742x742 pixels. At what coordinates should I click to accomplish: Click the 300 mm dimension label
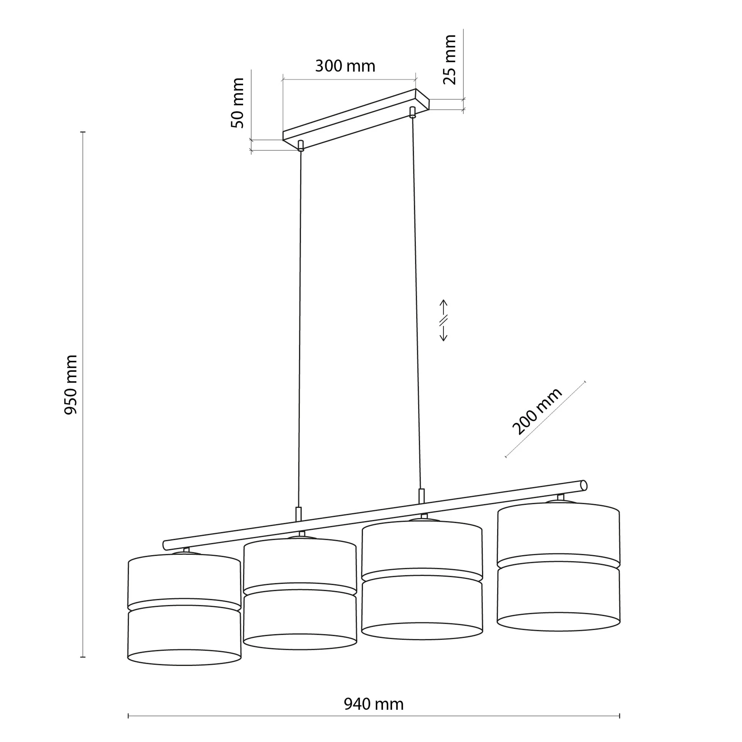pos(345,66)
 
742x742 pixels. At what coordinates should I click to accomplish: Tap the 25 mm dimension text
pos(449,59)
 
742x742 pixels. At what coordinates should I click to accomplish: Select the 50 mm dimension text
pos(238,103)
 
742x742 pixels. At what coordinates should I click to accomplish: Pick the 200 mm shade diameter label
pos(537,411)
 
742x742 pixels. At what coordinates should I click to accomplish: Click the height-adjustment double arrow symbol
pos(443,320)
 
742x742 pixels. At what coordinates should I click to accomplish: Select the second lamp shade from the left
pos(300,594)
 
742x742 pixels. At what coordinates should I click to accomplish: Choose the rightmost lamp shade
pos(558,566)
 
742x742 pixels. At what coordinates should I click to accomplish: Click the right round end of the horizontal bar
pos(584,485)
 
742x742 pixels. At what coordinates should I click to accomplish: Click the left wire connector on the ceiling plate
pos(301,146)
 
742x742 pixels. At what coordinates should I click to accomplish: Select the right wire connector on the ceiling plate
pos(413,112)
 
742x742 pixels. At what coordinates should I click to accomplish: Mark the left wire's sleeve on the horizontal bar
pos(299,514)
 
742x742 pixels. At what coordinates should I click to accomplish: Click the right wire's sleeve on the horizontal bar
pos(421,496)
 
